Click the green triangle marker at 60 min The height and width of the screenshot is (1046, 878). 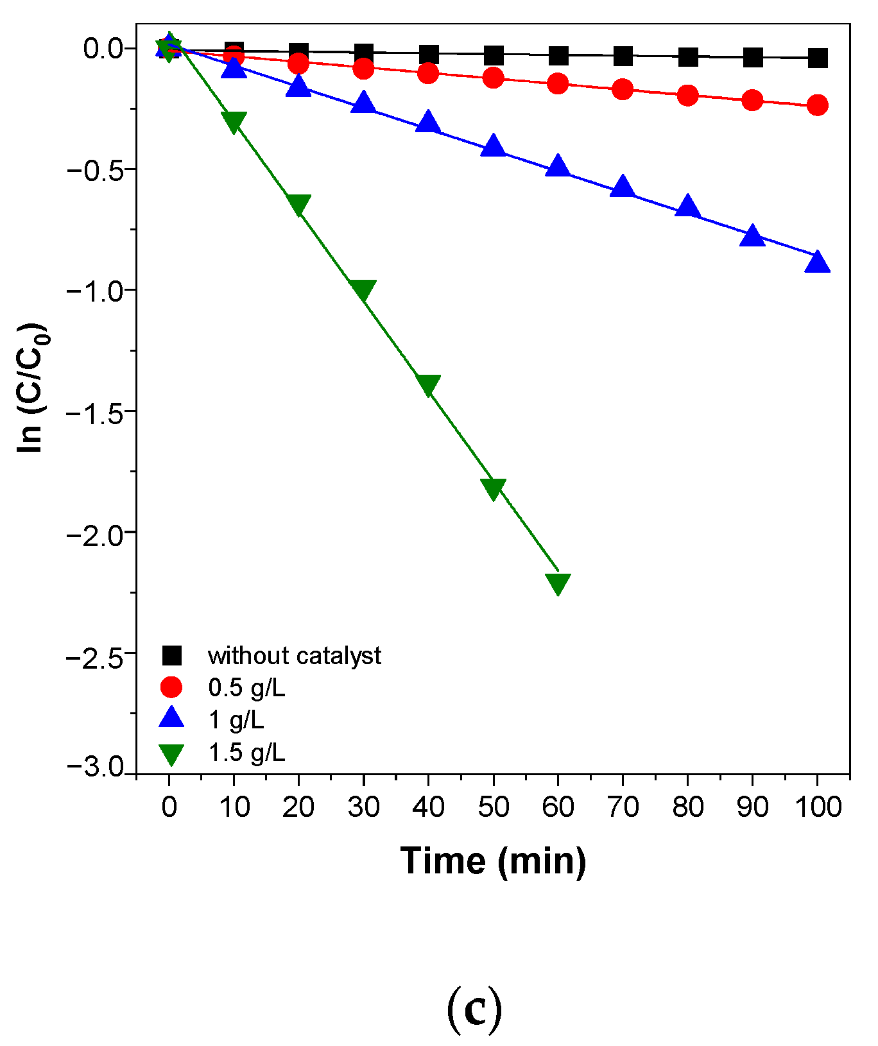tap(558, 583)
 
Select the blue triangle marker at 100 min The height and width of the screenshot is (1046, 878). tap(817, 262)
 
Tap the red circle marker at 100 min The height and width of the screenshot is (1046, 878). tap(817, 105)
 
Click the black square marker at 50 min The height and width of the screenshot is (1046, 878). tap(493, 55)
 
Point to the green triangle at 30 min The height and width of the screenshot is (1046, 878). tap(363, 290)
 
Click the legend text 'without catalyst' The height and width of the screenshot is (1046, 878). tap(295, 656)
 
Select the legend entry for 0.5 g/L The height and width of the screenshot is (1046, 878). tap(246, 687)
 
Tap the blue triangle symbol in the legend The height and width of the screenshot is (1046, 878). tap(171, 719)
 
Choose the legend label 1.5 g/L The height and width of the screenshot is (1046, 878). tap(246, 752)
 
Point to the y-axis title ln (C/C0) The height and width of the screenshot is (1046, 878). tap(31, 388)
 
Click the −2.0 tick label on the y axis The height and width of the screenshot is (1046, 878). tap(97, 533)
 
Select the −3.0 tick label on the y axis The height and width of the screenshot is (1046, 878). tap(97, 767)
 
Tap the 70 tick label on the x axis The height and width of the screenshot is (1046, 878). tap(623, 807)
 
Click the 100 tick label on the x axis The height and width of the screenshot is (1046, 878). tap(818, 807)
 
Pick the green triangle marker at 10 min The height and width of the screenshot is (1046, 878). tap(234, 121)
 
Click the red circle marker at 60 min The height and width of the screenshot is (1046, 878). tap(558, 83)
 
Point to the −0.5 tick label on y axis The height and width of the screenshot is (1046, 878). tap(97, 169)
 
